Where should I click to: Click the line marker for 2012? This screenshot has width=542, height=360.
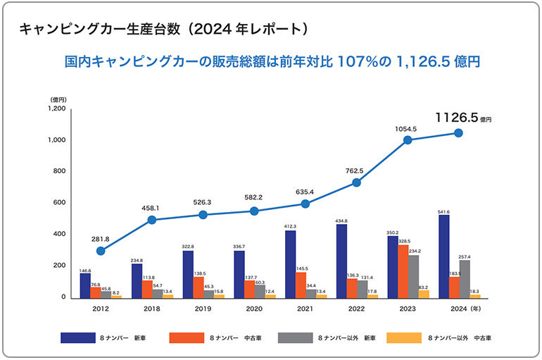pos(101,251)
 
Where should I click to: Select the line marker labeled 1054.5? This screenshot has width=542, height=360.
pos(408,140)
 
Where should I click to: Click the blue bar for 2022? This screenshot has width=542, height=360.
pos(341,261)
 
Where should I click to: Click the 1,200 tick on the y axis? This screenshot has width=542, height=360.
pos(56,109)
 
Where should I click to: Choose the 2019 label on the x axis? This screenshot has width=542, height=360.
pos(203,309)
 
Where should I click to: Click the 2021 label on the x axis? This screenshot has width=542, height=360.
pos(305,309)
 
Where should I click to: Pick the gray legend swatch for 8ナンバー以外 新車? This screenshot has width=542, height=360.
pos(296,337)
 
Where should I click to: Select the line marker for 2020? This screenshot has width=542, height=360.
pos(254,211)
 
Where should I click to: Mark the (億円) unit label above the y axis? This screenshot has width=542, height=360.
pos(58,99)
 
